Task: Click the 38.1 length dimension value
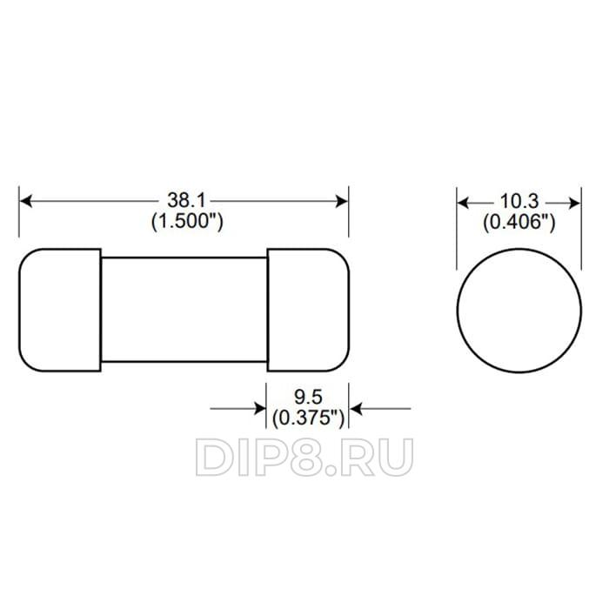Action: [186, 200]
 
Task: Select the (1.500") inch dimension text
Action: [187, 221]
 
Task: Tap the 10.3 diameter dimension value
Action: [519, 201]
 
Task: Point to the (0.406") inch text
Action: [519, 222]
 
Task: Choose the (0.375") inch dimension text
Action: [308, 418]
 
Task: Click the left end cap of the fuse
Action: [60, 310]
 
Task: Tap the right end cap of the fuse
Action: [308, 310]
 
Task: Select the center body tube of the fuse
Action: [184, 310]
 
